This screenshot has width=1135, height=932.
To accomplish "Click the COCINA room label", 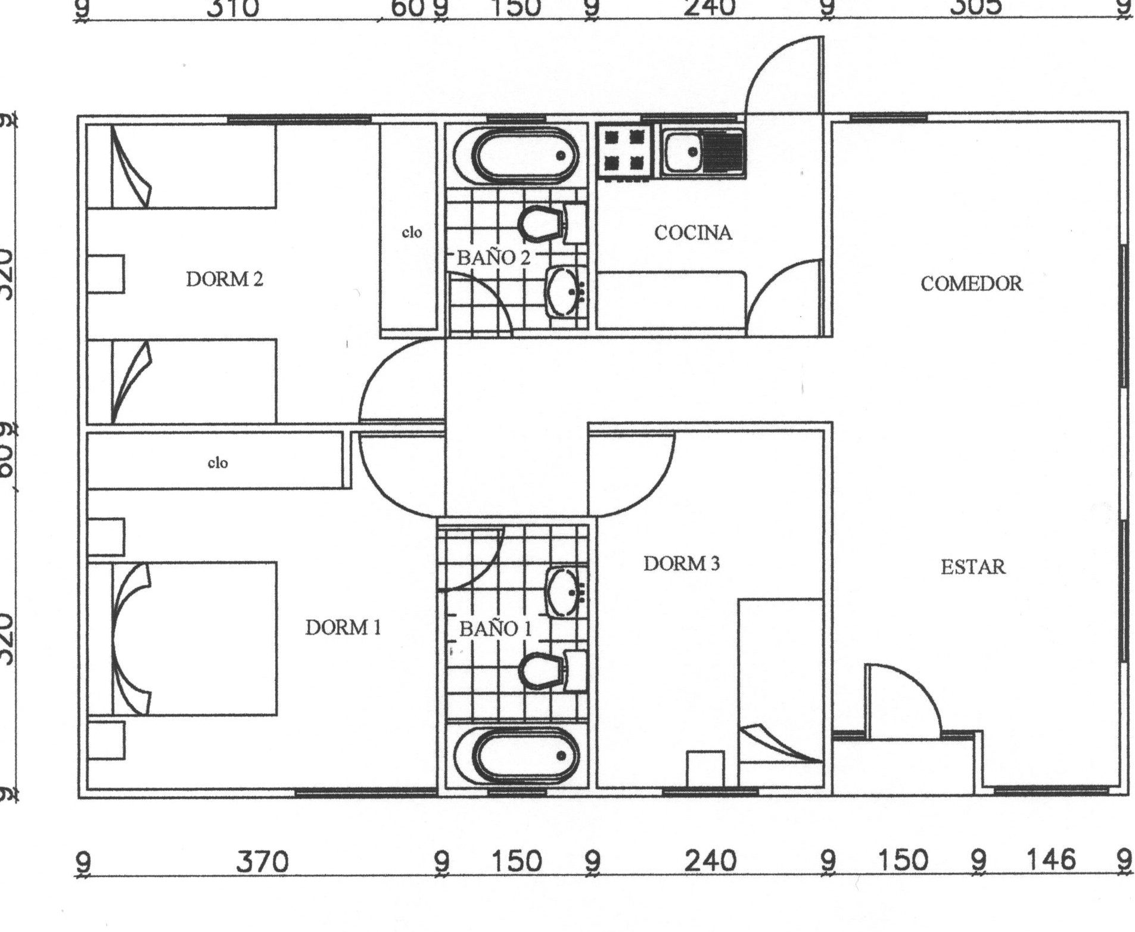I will (x=692, y=232).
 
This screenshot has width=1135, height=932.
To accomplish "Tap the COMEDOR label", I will (x=971, y=284).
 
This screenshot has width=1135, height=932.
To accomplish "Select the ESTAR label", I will (x=972, y=567).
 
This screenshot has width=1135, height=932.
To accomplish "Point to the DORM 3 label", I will (x=681, y=563).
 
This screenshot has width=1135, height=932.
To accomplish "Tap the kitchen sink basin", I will (x=683, y=152).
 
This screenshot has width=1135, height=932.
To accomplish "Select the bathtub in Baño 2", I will (x=515, y=156).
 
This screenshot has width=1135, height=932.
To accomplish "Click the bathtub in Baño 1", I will (x=515, y=756).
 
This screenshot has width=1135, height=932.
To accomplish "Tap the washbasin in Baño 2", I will (x=563, y=291).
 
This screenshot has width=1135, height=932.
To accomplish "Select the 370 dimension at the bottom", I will (x=262, y=862).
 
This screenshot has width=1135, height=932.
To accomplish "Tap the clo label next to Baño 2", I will (x=412, y=232).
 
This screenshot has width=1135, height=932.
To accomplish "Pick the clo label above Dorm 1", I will (x=217, y=462).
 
